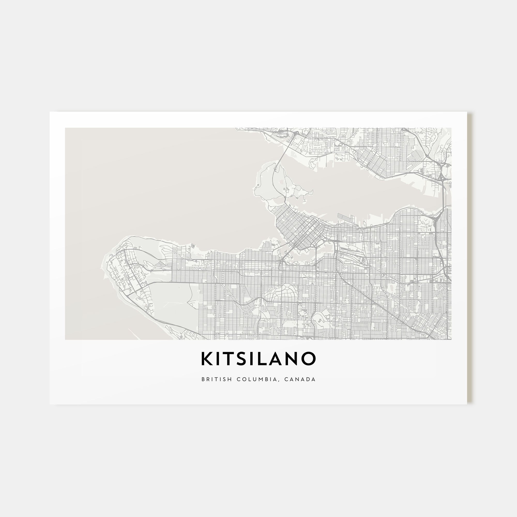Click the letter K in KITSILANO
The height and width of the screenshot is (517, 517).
207,359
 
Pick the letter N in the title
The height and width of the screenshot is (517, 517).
294,359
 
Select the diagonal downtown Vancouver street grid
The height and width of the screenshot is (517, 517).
300,230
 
